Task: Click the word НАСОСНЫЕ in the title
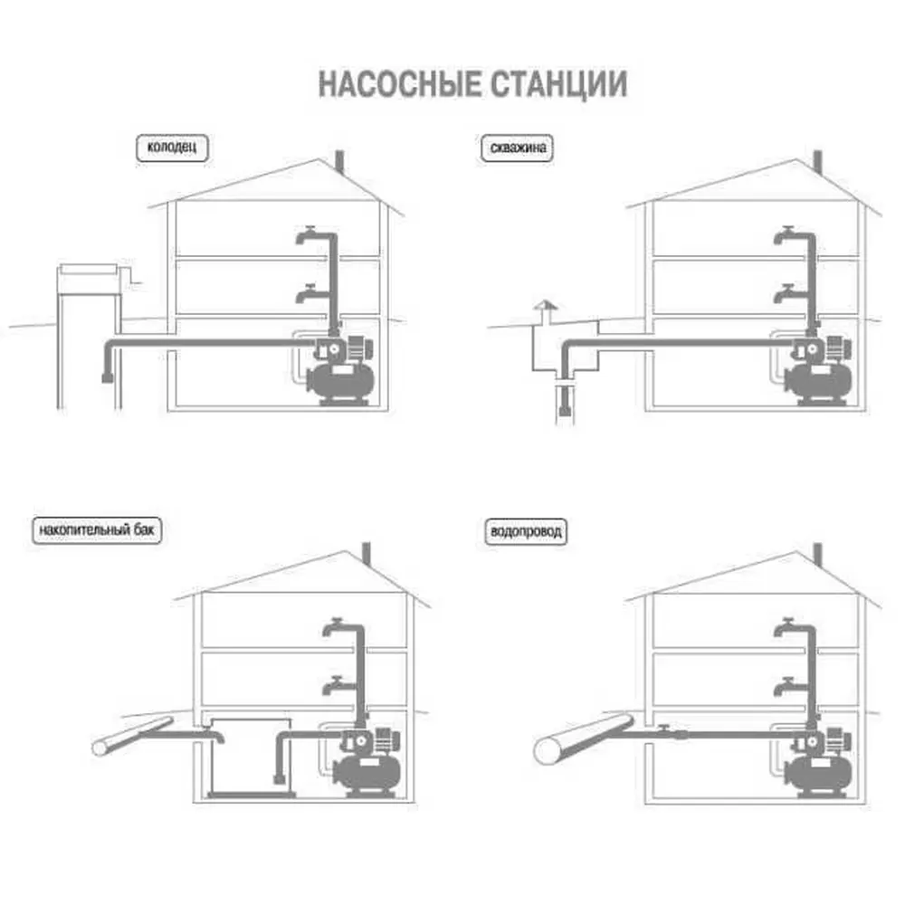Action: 398,84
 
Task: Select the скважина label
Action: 517,147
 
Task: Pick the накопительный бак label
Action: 99,530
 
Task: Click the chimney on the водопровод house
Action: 817,554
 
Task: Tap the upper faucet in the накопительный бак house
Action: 334,626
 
